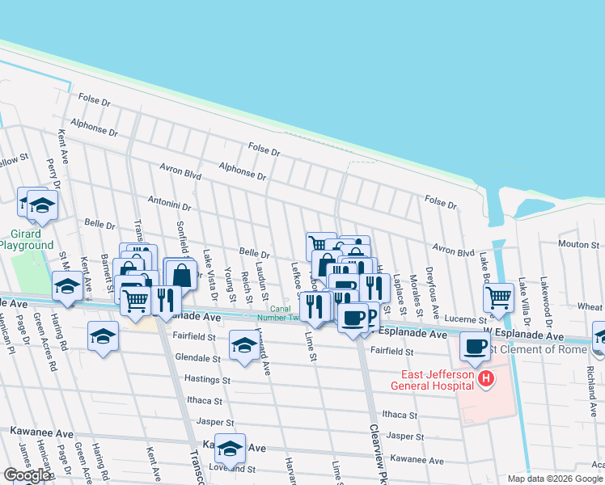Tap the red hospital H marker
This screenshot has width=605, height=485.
[x=485, y=379]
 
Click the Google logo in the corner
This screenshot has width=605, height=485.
[x=27, y=474]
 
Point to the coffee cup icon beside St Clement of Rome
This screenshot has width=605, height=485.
[x=475, y=346]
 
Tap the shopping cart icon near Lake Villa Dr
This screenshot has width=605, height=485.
[x=498, y=297]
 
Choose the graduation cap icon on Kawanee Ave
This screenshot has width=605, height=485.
[x=230, y=448]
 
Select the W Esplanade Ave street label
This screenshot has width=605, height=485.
[x=522, y=335]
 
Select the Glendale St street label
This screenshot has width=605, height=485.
[x=196, y=358]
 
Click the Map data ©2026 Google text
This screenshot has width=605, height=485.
[x=555, y=479]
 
